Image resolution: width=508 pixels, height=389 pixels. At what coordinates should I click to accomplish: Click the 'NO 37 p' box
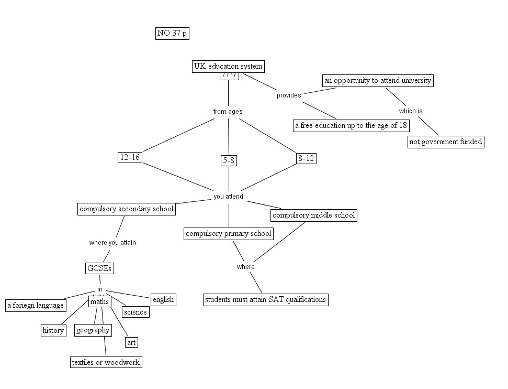[172, 34]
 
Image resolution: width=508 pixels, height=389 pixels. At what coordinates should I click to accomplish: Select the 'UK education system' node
[228, 67]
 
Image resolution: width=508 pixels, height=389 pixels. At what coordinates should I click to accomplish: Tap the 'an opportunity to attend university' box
[378, 81]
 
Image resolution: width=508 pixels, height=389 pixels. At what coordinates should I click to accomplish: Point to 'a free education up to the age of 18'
[351, 126]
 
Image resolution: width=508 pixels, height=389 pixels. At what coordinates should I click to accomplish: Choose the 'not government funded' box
[446, 142]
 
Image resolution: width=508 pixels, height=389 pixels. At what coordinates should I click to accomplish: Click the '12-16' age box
[130, 157]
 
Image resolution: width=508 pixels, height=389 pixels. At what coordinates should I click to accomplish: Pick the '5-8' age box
[229, 160]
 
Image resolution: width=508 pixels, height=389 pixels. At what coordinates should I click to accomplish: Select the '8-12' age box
[306, 158]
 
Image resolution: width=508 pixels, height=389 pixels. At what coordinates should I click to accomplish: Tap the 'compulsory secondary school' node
[126, 209]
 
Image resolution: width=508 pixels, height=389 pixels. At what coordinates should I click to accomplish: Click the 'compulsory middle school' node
[314, 215]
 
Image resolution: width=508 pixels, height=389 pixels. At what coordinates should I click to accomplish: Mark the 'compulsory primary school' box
[229, 234]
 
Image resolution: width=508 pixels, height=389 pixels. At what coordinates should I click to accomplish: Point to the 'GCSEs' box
[99, 268]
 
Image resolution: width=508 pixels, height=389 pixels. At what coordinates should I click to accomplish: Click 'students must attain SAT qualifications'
[266, 300]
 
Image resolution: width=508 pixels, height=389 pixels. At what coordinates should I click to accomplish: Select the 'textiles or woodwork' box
[106, 362]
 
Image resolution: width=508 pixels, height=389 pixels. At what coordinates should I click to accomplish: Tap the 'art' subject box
[131, 342]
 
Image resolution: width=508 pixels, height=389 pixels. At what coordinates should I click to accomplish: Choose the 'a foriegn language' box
[36, 306]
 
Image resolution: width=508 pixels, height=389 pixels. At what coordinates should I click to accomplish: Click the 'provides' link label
[289, 95]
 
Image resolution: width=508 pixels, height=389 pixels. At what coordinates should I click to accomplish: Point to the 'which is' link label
[411, 111]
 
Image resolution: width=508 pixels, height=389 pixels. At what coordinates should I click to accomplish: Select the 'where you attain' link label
[112, 243]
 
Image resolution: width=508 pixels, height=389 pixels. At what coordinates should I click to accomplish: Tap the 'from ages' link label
[228, 112]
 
